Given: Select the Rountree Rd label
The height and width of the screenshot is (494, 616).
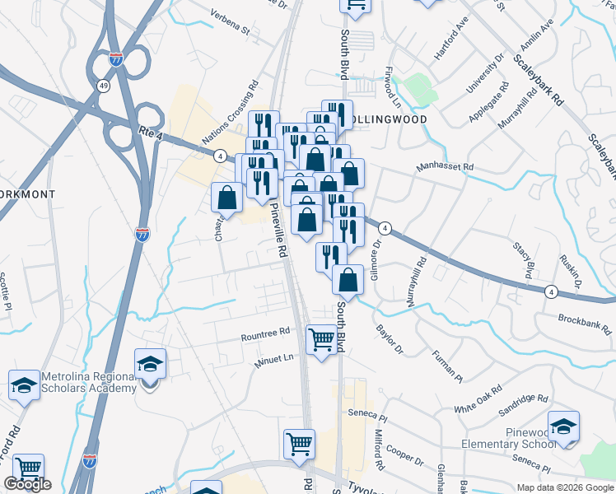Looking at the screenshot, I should (x=266, y=334).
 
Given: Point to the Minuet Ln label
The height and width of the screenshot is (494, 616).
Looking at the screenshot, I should (x=273, y=359).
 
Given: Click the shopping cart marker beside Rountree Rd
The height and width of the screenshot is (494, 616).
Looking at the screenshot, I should (x=321, y=338).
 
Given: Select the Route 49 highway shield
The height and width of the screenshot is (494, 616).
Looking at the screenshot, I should (x=103, y=85).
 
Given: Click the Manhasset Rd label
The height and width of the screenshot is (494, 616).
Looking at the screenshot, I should (x=445, y=167).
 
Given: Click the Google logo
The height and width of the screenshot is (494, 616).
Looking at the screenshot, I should (x=27, y=484).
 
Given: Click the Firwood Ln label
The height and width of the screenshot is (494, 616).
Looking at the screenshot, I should (x=392, y=92).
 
